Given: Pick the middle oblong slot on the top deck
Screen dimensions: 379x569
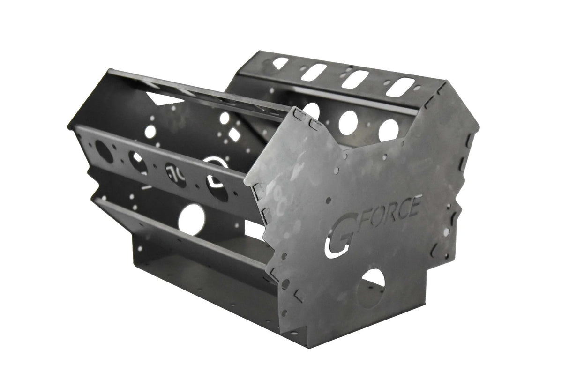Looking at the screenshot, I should point(353,78).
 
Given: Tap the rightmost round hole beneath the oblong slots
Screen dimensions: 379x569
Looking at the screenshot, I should point(389,130).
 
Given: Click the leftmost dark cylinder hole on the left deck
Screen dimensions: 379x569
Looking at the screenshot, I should point(104,152).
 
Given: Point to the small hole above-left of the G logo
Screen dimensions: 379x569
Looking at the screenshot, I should point(328,201).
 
